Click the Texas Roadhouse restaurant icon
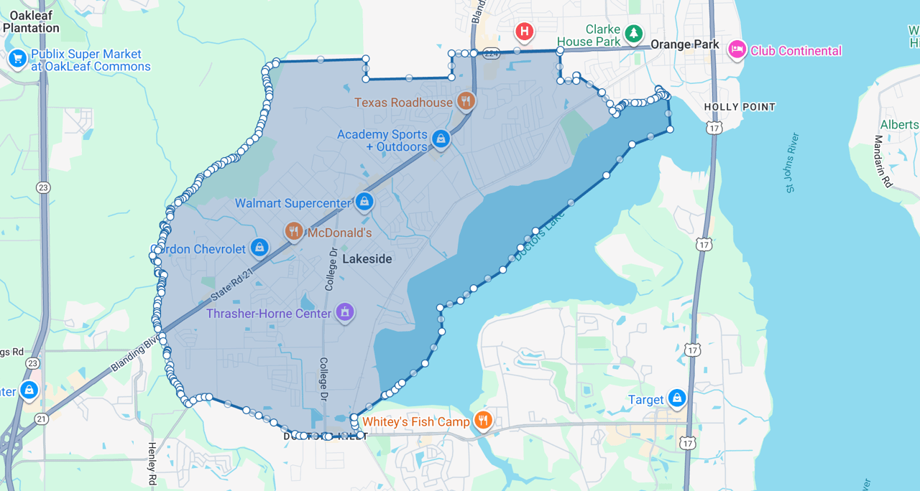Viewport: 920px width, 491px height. tap(466, 102)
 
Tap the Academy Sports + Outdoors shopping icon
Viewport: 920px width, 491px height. tap(441, 139)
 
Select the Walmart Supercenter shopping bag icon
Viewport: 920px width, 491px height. tap(364, 202)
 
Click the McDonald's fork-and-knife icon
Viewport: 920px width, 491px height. tap(293, 231)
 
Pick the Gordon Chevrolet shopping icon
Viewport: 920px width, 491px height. tap(259, 248)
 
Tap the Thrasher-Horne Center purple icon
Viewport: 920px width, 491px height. tap(345, 312)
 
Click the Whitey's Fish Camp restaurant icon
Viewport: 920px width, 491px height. tap(483, 421)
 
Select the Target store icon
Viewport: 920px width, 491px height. tap(676, 398)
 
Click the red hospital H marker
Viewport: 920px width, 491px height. tap(525, 32)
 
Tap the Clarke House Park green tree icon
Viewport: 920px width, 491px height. tap(632, 33)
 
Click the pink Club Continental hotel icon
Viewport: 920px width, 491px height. tap(736, 50)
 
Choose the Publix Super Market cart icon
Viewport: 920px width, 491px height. tap(17, 59)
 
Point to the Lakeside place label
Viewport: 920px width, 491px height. tap(367, 259)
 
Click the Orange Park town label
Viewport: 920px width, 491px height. tap(685, 45)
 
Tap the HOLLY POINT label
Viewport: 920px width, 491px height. tap(740, 107)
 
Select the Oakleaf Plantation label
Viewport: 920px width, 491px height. tap(30, 22)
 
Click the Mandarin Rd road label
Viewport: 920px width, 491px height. tap(883, 161)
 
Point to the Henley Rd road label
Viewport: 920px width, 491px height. tap(152, 463)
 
